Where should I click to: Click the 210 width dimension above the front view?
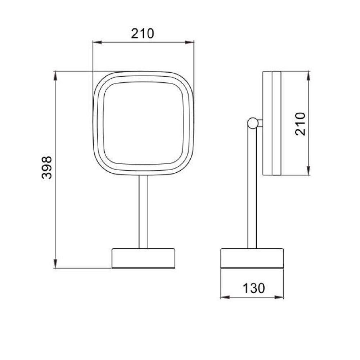(142, 33)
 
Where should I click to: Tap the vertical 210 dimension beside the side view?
(300, 123)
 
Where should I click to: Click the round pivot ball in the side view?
(252, 123)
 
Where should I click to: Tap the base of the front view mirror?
(143, 258)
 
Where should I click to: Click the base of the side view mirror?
(252, 258)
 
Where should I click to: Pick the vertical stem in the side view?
(252, 187)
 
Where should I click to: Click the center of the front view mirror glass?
(143, 123)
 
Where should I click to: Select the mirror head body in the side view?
(271, 123)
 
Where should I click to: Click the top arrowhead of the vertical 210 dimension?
(309, 76)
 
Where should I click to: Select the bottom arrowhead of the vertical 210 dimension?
(309, 171)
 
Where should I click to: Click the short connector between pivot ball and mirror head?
(260, 123)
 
